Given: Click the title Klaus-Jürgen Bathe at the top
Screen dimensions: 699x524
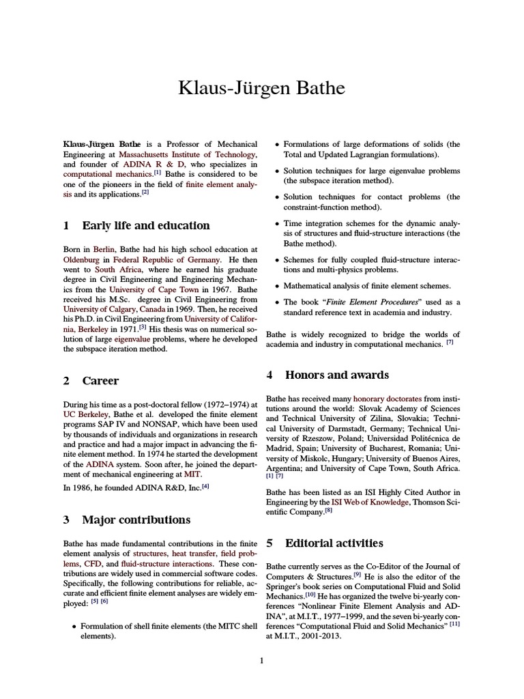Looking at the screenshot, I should coord(261,88).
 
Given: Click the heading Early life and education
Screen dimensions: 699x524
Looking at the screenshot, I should coord(145,225).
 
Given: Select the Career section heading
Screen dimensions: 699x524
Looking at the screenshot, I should coord(100,381).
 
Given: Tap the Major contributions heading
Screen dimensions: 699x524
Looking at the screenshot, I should coord(136,519).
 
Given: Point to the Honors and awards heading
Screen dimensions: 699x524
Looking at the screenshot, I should coord(337,375).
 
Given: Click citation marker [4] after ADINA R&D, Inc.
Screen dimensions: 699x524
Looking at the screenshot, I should coord(205,485).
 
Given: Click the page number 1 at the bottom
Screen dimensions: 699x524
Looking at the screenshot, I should coord(261,659).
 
